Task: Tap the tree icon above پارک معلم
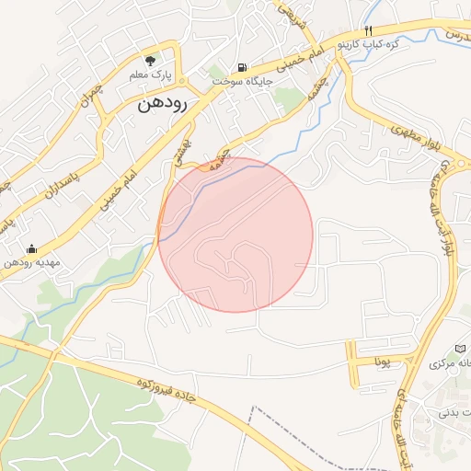[x=161, y=57]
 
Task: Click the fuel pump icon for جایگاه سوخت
[x=242, y=66]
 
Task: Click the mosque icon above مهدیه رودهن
[x=32, y=248]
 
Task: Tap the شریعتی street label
[x=289, y=14]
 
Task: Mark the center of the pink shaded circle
[x=235, y=235]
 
